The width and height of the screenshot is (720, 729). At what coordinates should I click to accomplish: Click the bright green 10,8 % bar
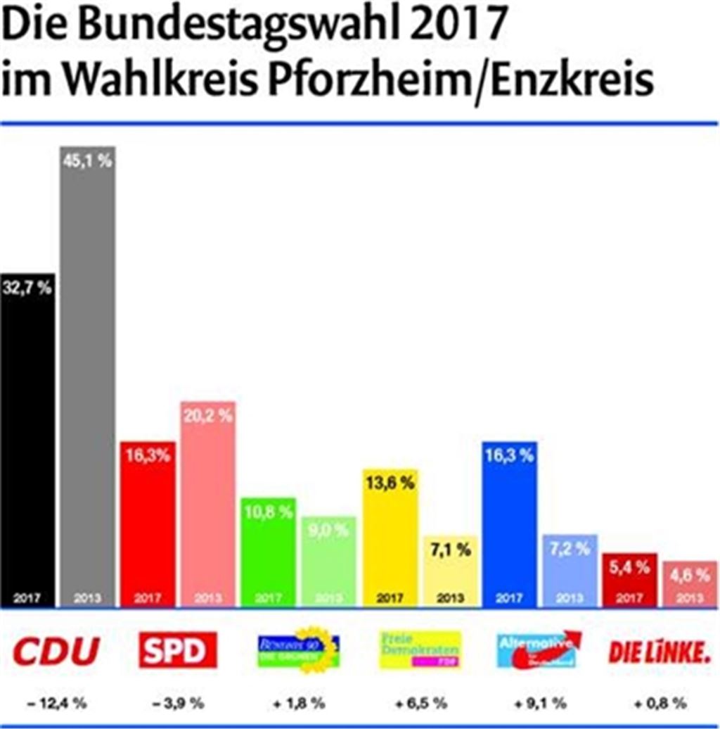268,552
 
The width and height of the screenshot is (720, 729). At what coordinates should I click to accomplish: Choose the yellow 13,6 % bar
390,538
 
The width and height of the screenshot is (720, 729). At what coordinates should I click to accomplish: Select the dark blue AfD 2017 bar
510,524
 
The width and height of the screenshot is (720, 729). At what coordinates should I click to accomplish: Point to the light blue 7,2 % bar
570,570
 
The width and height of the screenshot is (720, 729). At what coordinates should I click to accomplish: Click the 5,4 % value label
629,567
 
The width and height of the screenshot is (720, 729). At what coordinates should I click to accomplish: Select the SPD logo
177,650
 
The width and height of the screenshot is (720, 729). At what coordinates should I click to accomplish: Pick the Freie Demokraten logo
420,650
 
